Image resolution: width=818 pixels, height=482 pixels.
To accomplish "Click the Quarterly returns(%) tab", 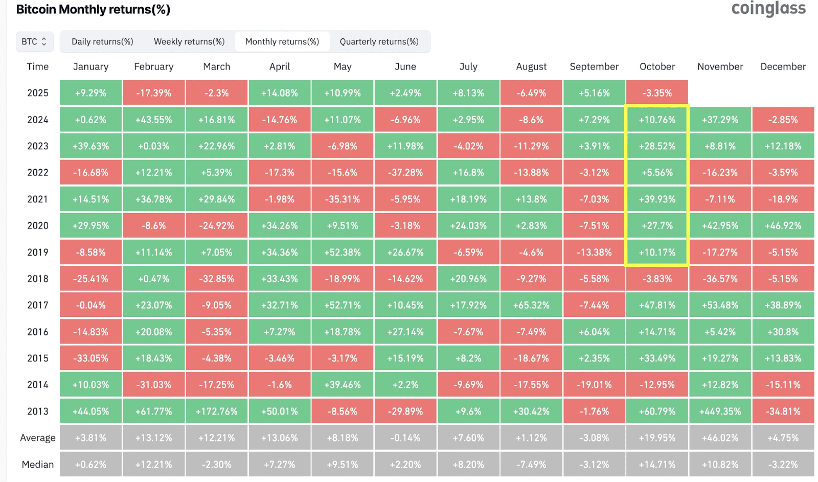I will [x=379, y=42].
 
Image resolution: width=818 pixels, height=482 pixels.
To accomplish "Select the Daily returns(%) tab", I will [x=102, y=42].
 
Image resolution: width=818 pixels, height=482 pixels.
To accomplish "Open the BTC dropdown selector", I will [x=34, y=42].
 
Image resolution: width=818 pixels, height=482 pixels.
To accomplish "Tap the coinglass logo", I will [x=768, y=9].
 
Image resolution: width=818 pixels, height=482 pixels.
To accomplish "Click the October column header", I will [x=657, y=66].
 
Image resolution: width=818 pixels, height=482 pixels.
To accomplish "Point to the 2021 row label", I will [x=38, y=199].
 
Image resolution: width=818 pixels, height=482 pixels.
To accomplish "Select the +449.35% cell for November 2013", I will [x=720, y=411].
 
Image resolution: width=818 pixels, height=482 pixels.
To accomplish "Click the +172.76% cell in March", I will [x=217, y=411].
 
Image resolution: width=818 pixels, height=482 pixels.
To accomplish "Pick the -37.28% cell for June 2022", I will [x=405, y=173].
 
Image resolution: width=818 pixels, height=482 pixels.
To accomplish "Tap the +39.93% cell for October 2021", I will [x=657, y=199].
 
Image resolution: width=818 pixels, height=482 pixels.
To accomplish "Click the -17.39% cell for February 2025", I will [x=154, y=93].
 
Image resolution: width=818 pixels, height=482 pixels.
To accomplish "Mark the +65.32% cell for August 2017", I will [x=531, y=305].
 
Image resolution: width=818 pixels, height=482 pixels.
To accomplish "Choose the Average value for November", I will [x=720, y=438].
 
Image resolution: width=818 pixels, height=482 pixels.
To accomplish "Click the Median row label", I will [x=38, y=465].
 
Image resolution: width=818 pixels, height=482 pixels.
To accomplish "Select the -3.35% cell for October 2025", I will [x=657, y=93].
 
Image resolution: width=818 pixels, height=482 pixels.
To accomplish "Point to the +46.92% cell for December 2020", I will [x=783, y=226].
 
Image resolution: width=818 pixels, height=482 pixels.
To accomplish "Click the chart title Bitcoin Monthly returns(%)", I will [x=93, y=10].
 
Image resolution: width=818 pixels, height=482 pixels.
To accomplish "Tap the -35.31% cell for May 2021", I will [x=343, y=199].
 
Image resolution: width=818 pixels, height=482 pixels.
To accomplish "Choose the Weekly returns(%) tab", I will [x=189, y=42].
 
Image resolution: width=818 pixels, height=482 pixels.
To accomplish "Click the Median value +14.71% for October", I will [x=657, y=465].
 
